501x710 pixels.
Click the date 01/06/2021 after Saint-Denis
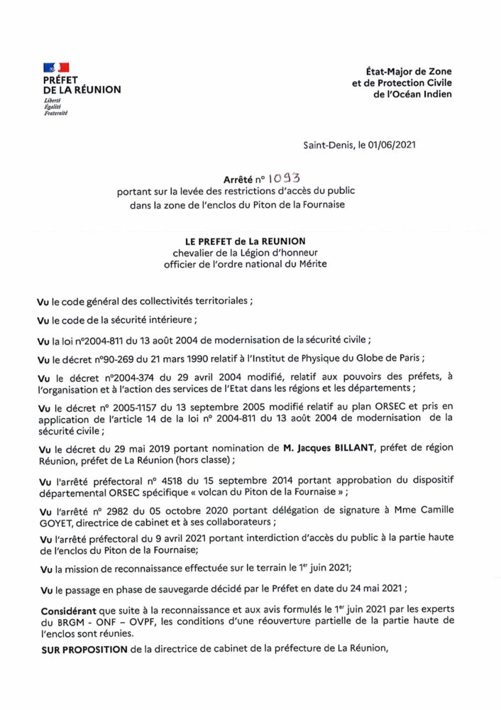click(389, 145)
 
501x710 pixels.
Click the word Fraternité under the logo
click(55, 113)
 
